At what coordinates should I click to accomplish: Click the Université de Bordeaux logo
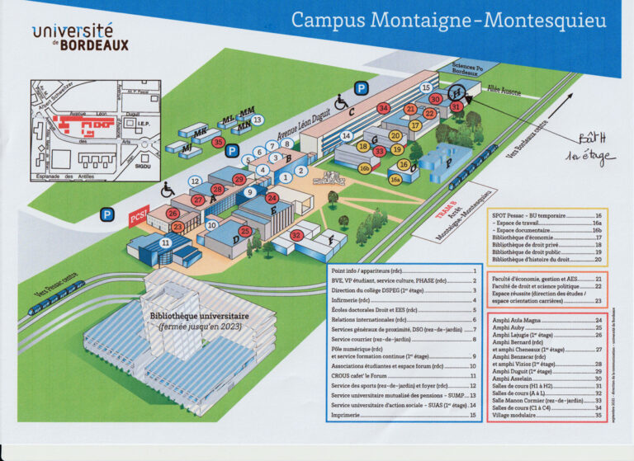(x=80, y=36)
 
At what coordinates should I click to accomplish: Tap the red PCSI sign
(x=138, y=218)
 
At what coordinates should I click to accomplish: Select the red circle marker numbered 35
(x=218, y=142)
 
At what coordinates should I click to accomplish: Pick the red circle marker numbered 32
(x=296, y=236)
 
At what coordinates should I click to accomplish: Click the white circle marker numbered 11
(x=165, y=242)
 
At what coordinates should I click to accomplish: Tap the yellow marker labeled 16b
(x=364, y=167)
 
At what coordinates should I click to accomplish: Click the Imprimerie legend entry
(x=347, y=415)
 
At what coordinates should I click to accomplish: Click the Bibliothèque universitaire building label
(x=195, y=315)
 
